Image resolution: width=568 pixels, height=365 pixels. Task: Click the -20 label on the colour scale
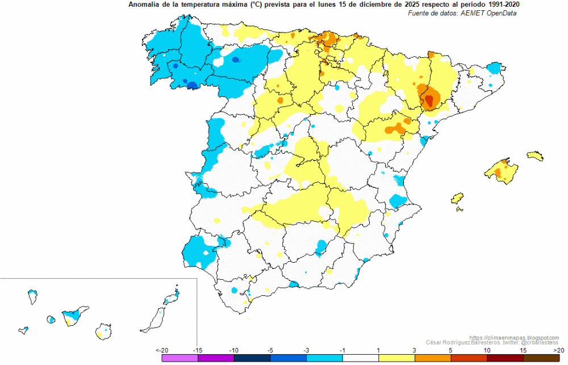(x=162, y=350)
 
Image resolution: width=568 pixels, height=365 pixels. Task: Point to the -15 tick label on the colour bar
(x=197, y=350)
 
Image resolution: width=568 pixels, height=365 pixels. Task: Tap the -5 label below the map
(x=270, y=350)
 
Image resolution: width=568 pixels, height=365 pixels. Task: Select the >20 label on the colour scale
(x=558, y=350)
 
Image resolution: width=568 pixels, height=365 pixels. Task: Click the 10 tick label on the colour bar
(x=487, y=350)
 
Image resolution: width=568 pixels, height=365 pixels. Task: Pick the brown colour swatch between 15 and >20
(x=541, y=358)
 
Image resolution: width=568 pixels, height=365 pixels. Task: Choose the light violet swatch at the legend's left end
(x=180, y=358)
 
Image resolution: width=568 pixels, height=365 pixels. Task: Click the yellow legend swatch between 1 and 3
(x=396, y=358)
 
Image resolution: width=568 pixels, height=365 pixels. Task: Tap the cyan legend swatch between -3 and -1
(x=324, y=358)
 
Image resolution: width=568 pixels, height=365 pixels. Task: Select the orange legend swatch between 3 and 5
(x=433, y=358)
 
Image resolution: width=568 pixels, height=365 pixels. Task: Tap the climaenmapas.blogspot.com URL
(x=514, y=338)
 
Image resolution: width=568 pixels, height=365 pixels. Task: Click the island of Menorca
(x=535, y=156)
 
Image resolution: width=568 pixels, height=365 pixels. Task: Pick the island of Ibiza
(x=457, y=198)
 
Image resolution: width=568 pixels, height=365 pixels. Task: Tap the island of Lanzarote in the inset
(x=172, y=297)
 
